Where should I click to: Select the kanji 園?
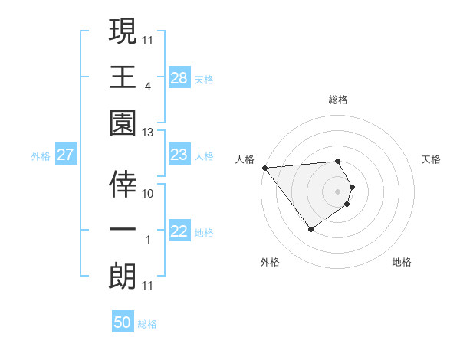(x=123, y=123)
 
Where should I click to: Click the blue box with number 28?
(x=179, y=77)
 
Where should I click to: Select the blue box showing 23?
(x=179, y=155)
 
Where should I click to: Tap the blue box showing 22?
(x=179, y=231)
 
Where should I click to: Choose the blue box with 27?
(x=66, y=155)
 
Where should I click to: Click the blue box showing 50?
(x=123, y=322)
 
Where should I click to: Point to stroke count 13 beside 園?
(x=147, y=133)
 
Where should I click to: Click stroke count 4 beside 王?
(x=147, y=87)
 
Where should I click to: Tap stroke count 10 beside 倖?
(x=148, y=194)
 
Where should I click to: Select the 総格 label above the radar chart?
(x=338, y=100)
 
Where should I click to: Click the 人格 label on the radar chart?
(x=245, y=159)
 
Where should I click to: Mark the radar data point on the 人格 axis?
(x=264, y=168)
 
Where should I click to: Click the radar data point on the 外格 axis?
(x=310, y=229)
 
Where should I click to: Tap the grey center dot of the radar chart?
(x=338, y=191)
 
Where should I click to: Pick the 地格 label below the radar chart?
(x=402, y=262)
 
